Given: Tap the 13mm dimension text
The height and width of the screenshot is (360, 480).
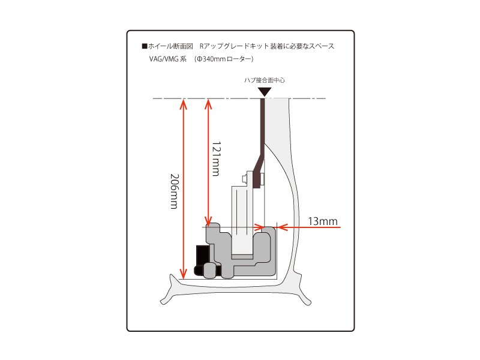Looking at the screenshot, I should click(323, 221).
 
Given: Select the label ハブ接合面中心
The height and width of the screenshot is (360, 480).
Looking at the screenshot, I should click(264, 80).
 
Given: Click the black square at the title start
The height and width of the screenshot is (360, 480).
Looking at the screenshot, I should click(145, 46).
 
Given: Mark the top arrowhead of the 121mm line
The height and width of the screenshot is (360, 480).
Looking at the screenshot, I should click(208, 103).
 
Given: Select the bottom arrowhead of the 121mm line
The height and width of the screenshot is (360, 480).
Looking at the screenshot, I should click(208, 221).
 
